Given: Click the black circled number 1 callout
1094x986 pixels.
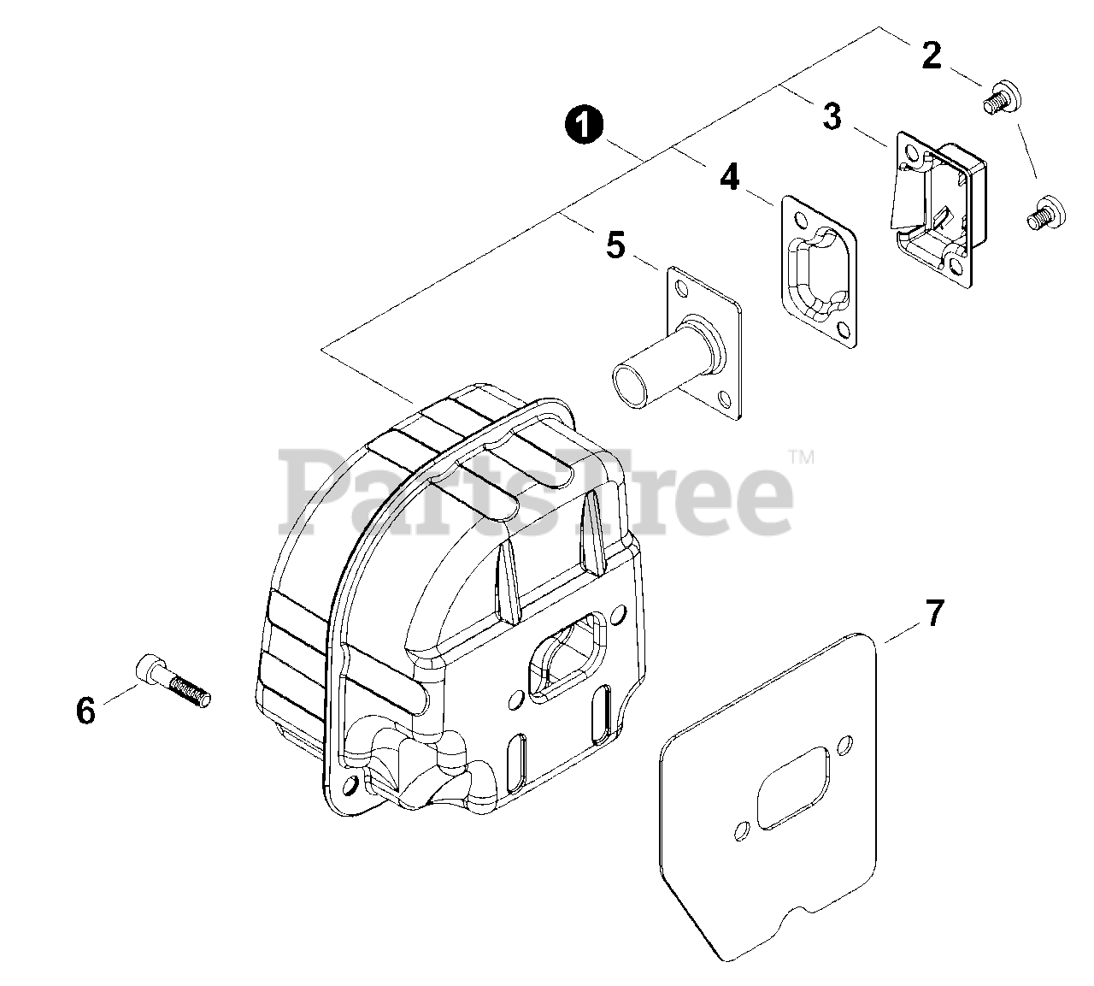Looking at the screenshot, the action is pos(583,127).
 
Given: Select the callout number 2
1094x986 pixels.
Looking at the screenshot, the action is pos(931,56).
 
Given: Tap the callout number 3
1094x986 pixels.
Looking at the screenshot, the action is pos(832,116).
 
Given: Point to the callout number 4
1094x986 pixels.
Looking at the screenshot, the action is pos(728,177).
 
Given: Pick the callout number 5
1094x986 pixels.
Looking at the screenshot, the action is pos(615,245).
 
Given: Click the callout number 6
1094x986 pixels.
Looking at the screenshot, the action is pos(85,710).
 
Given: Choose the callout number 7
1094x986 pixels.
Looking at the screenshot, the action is pos(934,613).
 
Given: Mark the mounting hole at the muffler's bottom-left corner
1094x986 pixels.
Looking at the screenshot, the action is pos(349,783).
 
